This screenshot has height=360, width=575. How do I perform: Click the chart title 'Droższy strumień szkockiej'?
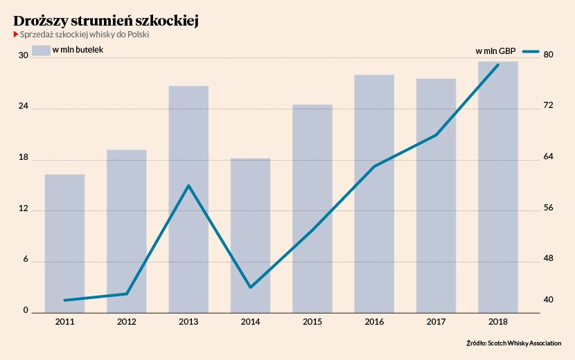point(106,21)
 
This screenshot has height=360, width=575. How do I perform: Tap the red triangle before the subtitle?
point(15,35)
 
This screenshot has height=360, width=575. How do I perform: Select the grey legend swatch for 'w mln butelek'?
point(42,50)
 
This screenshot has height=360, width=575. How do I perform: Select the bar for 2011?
point(64,242)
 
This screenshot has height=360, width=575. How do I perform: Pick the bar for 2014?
point(250,235)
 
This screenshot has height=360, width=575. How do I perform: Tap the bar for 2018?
point(498,187)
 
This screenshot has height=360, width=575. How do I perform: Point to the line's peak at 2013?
point(188,186)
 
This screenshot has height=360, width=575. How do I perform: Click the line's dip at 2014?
point(250,287)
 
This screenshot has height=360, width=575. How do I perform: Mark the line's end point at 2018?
point(498,65)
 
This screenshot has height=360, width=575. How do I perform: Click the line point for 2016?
point(374,166)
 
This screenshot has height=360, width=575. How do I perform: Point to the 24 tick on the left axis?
point(23,107)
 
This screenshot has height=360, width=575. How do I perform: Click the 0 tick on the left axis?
point(26,311)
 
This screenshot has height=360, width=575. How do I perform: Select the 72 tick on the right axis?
point(548,105)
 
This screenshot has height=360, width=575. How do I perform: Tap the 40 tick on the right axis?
point(548,300)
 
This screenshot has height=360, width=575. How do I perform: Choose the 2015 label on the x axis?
point(312,322)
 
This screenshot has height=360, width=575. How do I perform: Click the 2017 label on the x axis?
point(436,322)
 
